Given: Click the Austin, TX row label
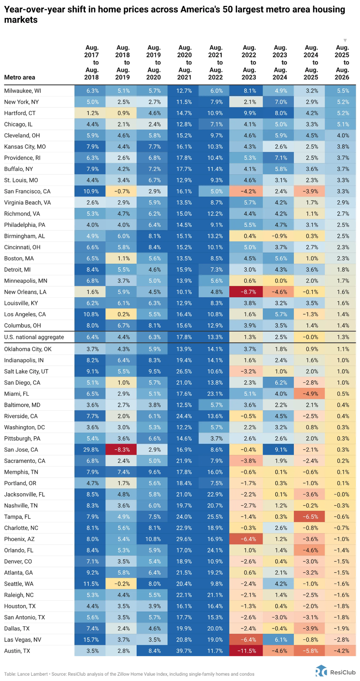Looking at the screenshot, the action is point(17,651).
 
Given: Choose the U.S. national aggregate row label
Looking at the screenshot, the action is point(34,337).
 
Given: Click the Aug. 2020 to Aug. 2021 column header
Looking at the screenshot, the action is point(185,62).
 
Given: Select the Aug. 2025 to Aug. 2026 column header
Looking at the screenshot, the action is point(342,62).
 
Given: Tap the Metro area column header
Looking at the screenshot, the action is point(20,77).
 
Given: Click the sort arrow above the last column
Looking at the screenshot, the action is point(345,40).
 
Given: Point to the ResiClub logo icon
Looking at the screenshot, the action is point(321,671).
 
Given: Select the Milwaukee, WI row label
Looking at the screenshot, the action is point(22,91).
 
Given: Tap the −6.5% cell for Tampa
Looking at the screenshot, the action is point(311,517).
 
